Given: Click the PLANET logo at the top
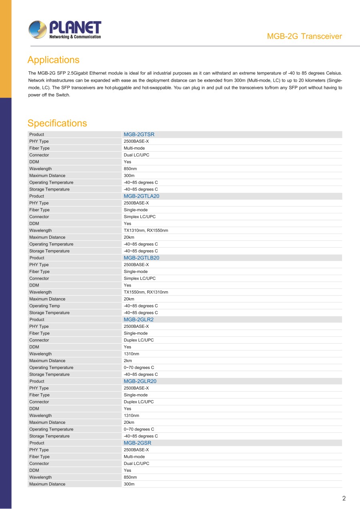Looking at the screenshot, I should point(65,30).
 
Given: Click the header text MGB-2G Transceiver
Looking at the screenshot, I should point(304,36).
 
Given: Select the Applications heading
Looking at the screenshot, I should point(53,60).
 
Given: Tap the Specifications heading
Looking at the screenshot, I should point(57,123).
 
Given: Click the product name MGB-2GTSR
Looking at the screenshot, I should point(139,134).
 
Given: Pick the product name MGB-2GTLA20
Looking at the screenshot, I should point(142,196).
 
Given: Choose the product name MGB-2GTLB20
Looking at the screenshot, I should point(141,258).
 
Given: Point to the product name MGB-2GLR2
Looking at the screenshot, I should point(138,319).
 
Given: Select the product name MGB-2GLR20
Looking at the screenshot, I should point(140,381).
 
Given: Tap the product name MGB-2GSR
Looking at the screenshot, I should point(137,443).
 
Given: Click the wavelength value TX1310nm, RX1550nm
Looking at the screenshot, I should point(146,230).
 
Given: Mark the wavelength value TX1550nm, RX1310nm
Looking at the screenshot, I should point(146,292).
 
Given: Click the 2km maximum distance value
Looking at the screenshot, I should point(128,361).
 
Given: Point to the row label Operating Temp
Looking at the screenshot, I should point(44,306).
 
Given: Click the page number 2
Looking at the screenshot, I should point(344,498).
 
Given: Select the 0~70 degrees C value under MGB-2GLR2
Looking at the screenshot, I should point(139,367).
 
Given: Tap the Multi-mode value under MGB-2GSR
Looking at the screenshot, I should point(134,457).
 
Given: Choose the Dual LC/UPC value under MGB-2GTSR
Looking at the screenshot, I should point(136,155).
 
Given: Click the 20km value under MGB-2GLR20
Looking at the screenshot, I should point(129,422).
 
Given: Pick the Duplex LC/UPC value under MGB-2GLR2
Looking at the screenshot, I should point(138,340).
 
